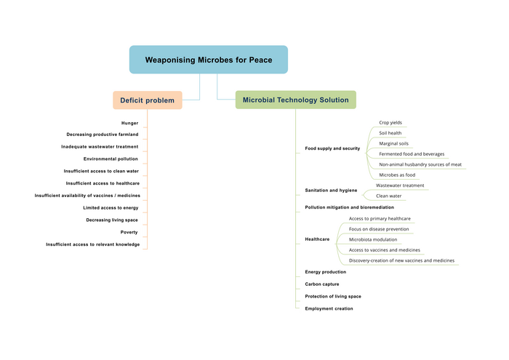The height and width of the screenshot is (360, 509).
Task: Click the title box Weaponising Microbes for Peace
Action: coord(208,60)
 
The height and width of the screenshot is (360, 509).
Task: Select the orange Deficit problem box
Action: coord(147,100)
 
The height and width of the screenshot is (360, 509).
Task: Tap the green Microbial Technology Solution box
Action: coord(295,100)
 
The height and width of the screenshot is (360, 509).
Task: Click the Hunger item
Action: coord(129,123)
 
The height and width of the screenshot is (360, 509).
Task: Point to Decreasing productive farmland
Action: coord(102,135)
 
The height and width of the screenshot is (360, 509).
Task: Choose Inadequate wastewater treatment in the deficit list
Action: coord(100,146)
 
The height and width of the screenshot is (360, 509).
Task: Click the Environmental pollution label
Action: coord(111,159)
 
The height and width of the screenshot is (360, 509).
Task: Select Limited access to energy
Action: coord(111,207)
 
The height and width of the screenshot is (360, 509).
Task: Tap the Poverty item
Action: coord(129,232)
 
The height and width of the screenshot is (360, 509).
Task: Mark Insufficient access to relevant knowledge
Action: coord(92,244)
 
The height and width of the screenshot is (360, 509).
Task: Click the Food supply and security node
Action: coord(332,148)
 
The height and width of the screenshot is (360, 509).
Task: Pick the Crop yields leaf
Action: coord(390,123)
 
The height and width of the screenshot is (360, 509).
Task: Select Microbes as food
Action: coord(397,175)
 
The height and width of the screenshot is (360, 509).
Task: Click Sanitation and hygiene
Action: coord(331,190)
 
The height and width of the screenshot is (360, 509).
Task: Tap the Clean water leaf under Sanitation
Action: coord(388,196)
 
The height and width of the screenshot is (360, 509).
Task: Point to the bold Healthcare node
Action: coord(317,239)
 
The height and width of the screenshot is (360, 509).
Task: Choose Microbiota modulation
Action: coord(373,239)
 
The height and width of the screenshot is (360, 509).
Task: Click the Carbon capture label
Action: coord(321,284)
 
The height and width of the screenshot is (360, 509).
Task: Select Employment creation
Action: coord(329,308)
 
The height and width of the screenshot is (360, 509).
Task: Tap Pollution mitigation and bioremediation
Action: coord(349,207)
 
